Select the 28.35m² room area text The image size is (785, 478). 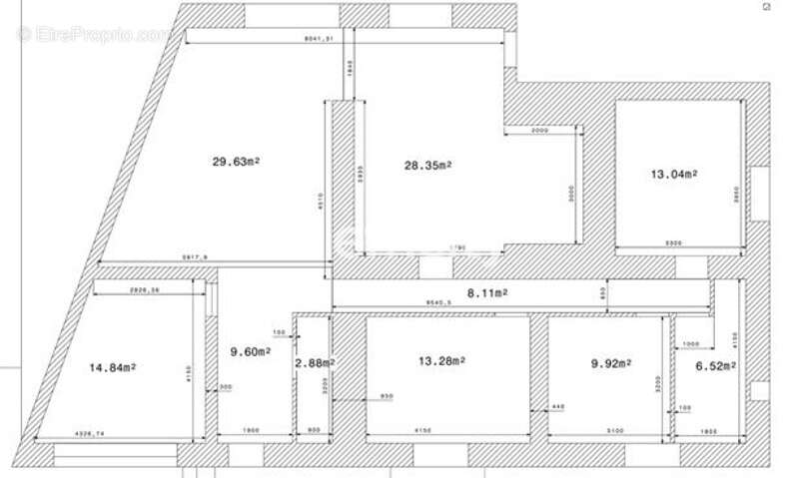pos(427,166)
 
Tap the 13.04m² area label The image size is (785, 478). pos(674,174)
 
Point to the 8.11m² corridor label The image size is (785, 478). pos(488,292)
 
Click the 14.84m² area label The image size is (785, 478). pos(113,367)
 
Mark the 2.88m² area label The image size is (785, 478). pos(315,363)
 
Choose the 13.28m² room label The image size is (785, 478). pos(440,360)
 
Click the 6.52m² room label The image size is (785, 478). pos(716,366)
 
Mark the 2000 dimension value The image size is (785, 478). pos(540,131)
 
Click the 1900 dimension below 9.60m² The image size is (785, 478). pos(252,431)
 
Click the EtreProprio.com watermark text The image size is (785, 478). pos(95,34)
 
